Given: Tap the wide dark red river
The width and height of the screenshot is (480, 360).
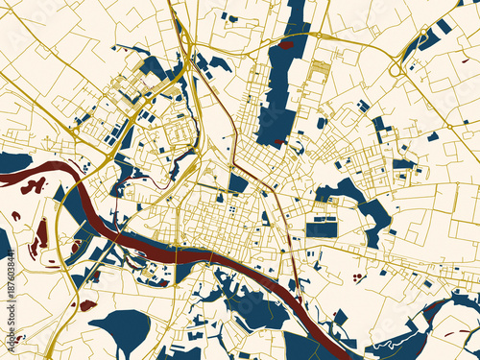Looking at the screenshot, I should [192, 254].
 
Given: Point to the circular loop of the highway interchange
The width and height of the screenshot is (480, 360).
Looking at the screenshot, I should [396, 68].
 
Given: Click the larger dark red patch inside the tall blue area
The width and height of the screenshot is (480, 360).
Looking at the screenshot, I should [287, 43].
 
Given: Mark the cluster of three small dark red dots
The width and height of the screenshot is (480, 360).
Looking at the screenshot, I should [357, 278].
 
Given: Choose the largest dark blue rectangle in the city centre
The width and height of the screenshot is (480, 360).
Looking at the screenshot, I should [322, 229].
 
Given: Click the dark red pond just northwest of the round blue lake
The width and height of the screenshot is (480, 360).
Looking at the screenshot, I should [87, 305].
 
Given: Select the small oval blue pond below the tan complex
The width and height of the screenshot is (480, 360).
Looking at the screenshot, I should [321, 123].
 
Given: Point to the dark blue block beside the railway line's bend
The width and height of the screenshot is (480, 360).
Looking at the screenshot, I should [238, 182].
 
